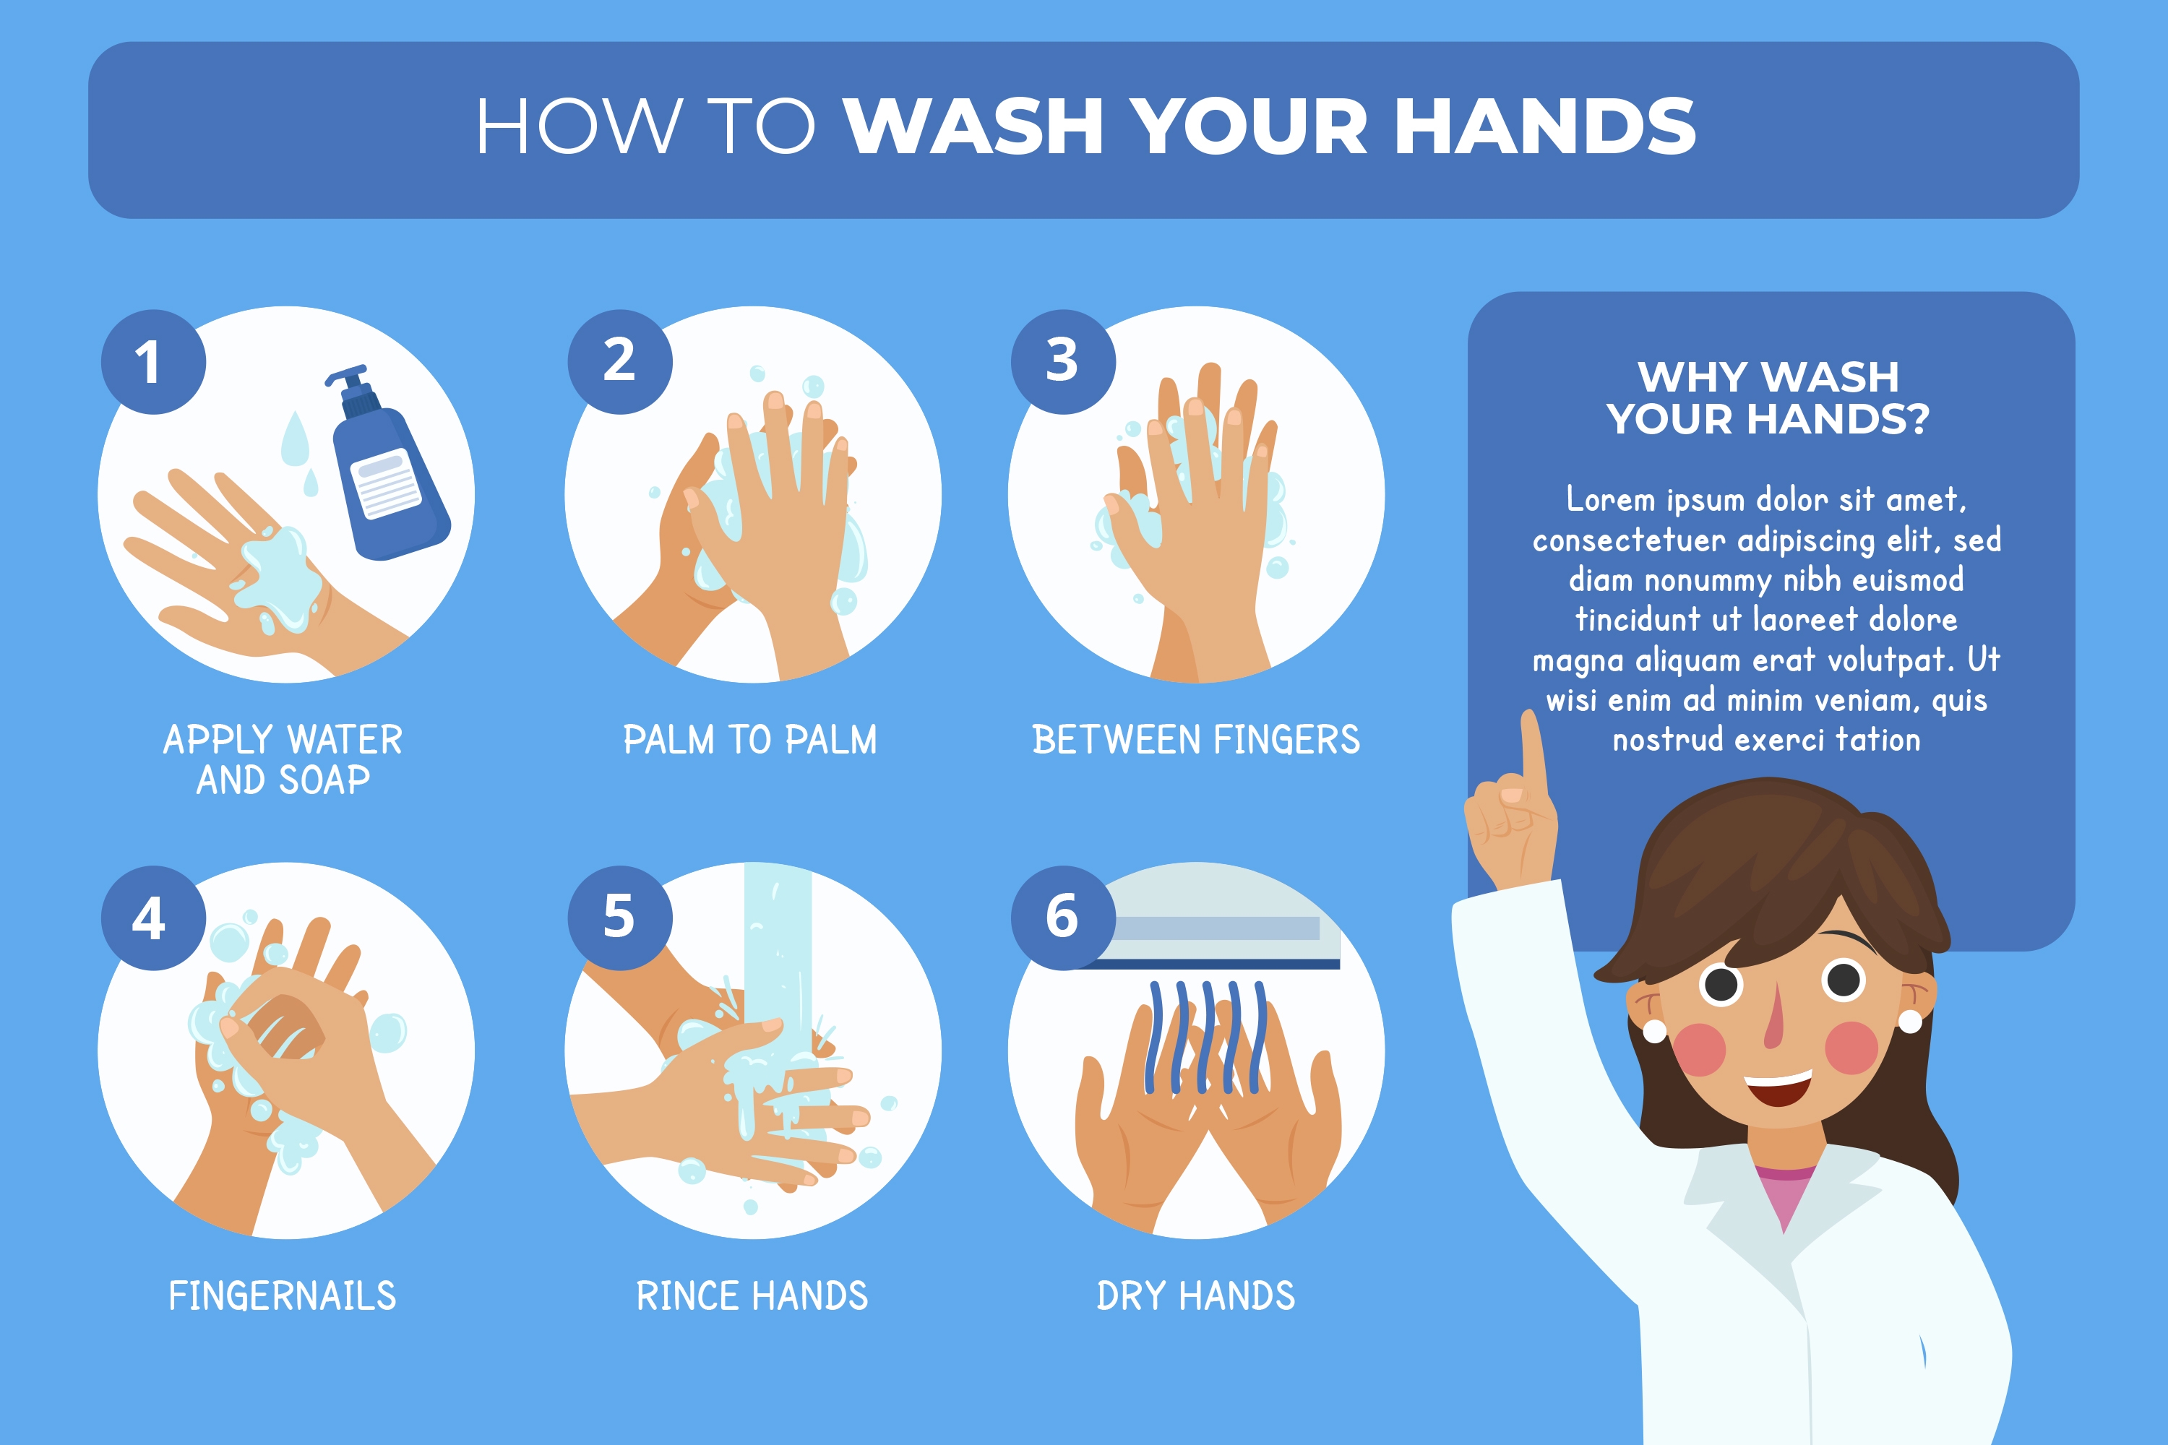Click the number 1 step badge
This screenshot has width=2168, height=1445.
153,361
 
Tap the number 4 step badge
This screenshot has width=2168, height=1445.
153,918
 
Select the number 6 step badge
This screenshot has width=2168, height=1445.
1063,918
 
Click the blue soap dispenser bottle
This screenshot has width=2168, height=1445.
387,465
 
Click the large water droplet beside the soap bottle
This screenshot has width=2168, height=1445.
294,439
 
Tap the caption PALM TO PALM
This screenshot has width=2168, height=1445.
750,740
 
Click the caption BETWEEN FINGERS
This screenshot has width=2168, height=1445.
1195,740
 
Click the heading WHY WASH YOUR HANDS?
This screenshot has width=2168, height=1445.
1768,398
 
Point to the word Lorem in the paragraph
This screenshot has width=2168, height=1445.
1610,499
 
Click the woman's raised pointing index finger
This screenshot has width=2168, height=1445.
1533,751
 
